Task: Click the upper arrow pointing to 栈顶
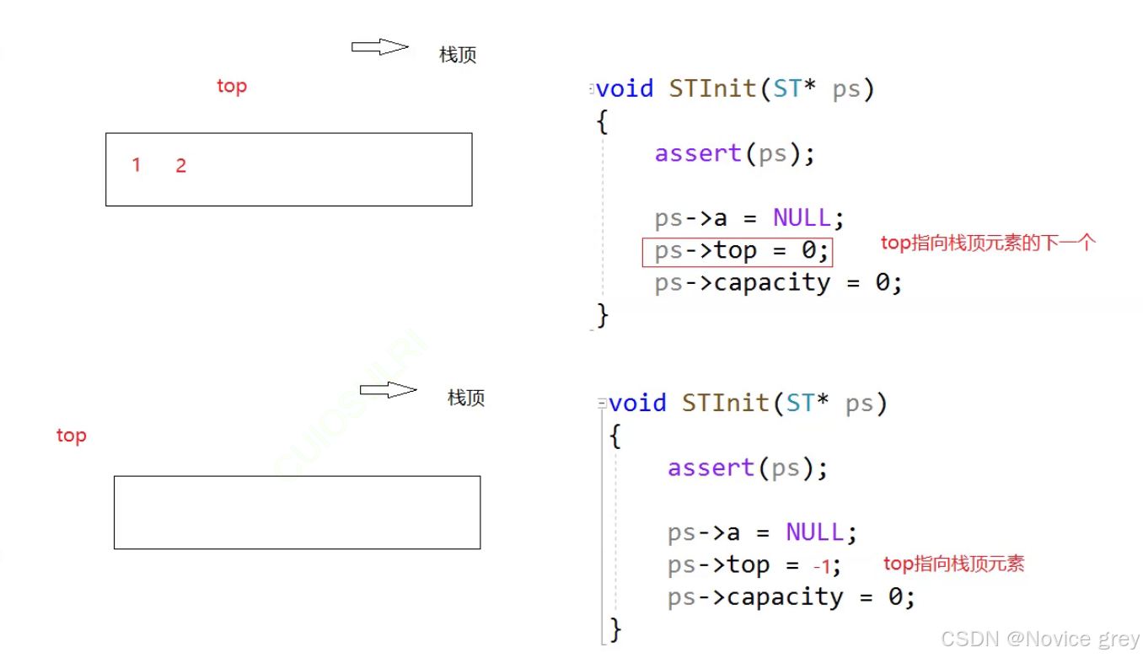(x=379, y=47)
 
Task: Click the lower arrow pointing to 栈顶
(x=388, y=390)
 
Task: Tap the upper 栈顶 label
(x=458, y=56)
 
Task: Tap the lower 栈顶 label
(x=466, y=398)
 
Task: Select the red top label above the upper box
(x=232, y=86)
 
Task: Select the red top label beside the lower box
(x=72, y=436)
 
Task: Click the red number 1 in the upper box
(x=136, y=165)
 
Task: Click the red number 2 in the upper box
(x=180, y=166)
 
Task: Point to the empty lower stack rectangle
(x=297, y=512)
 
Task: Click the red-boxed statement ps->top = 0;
(x=738, y=251)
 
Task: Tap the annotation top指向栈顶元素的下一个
(x=988, y=243)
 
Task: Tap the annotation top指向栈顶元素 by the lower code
(x=953, y=564)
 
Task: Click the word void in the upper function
(x=625, y=89)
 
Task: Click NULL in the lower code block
(x=814, y=532)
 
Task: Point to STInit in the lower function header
(x=724, y=404)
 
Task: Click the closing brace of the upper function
(x=602, y=315)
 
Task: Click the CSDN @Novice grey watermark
(x=1040, y=639)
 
